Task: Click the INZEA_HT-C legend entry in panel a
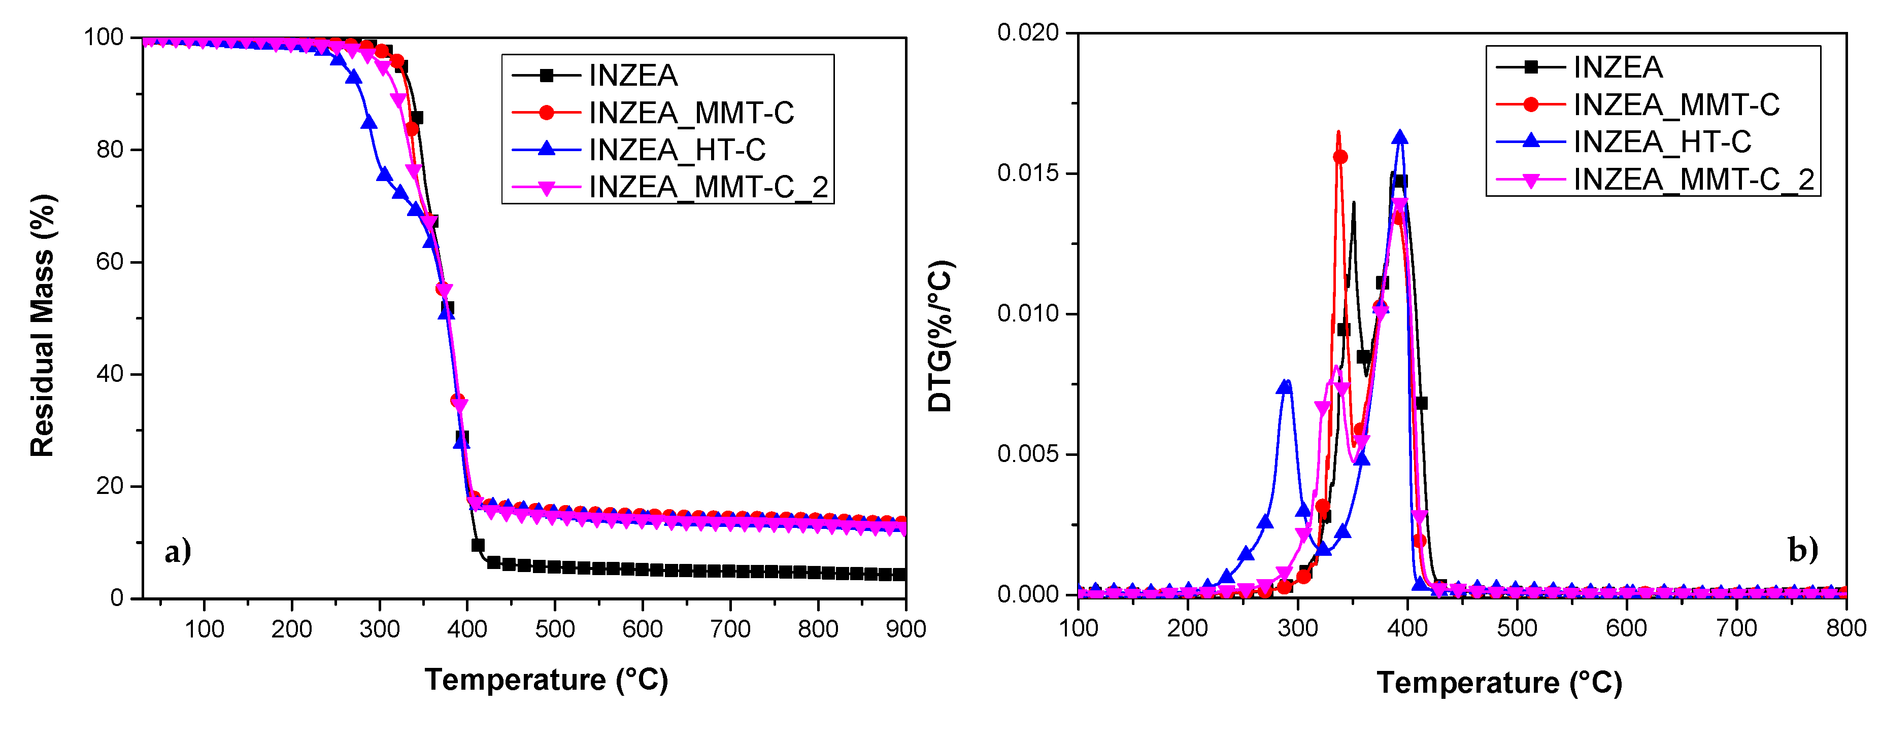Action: tap(677, 150)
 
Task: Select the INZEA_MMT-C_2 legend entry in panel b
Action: tap(1693, 180)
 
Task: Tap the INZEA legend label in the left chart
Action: tap(633, 75)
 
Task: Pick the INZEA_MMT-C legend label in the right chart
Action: tap(1676, 105)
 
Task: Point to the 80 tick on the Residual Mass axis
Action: tap(110, 150)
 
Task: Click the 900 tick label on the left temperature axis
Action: tap(905, 629)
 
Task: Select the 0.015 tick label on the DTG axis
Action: tap(1028, 173)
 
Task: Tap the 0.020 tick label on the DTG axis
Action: tap(1028, 33)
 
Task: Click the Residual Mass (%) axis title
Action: tap(42, 326)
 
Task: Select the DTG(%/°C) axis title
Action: tap(941, 336)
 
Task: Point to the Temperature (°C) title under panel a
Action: tap(546, 680)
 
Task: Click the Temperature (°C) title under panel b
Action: tap(1499, 683)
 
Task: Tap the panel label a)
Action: tap(177, 551)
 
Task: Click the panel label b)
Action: tap(1803, 549)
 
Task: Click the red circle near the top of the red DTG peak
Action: tap(1340, 157)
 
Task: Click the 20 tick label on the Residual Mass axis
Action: tap(110, 486)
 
